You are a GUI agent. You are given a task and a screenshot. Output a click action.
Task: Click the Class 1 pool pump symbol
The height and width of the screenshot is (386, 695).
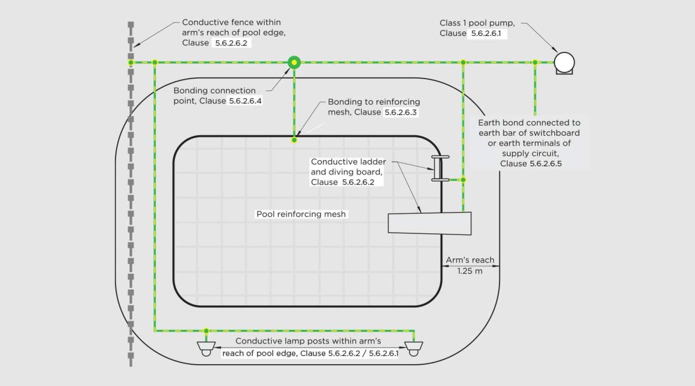(564, 63)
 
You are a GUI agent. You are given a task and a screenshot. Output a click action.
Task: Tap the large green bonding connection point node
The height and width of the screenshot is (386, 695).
(294, 63)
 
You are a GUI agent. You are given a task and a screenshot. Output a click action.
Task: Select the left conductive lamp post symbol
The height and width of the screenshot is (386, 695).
(206, 348)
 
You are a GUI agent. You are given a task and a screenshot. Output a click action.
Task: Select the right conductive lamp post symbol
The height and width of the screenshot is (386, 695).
(413, 348)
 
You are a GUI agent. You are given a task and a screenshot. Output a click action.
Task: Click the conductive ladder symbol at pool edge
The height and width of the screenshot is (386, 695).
(440, 168)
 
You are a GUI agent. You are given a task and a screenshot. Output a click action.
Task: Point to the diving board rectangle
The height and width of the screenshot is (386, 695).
(429, 223)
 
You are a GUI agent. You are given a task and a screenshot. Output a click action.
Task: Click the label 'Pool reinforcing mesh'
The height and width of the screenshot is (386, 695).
(301, 214)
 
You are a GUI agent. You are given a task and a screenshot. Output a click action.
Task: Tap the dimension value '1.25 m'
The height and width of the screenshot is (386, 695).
(470, 271)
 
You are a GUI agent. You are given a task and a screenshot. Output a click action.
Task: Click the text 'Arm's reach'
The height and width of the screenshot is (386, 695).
(470, 260)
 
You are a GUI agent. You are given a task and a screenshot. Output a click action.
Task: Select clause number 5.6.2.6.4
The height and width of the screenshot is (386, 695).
(245, 101)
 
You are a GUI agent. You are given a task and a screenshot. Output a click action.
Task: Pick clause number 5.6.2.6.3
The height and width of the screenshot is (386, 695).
(400, 112)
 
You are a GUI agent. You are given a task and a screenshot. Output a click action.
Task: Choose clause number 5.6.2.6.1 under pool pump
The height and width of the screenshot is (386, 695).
(486, 34)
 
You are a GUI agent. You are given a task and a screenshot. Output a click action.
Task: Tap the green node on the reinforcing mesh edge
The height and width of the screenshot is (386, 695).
(294, 140)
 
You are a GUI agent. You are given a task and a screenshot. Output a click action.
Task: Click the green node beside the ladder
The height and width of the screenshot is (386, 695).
(463, 180)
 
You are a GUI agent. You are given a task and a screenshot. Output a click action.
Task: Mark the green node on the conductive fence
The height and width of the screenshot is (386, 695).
(131, 63)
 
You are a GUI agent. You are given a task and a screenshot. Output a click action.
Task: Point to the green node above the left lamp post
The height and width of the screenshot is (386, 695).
(206, 331)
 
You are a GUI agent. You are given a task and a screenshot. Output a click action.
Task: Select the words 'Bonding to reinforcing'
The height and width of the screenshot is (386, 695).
(374, 102)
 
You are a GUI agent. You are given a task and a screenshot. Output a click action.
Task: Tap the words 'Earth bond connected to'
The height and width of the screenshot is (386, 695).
(529, 123)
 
